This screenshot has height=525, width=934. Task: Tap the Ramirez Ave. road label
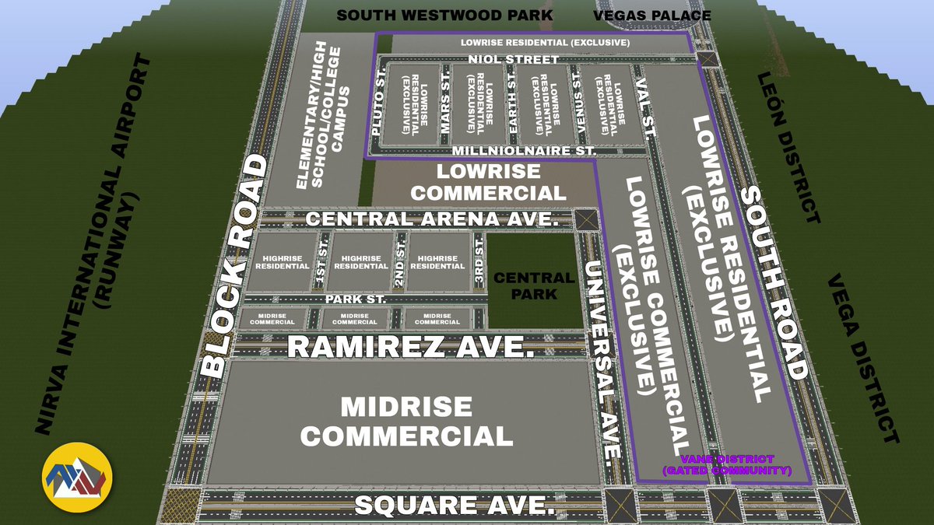[412, 346]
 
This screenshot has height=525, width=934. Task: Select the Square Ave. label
[455, 506]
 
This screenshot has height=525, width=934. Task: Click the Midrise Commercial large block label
[407, 421]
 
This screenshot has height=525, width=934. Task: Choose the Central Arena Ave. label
[433, 219]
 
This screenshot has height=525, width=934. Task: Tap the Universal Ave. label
[604, 358]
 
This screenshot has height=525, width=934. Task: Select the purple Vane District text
[726, 465]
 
